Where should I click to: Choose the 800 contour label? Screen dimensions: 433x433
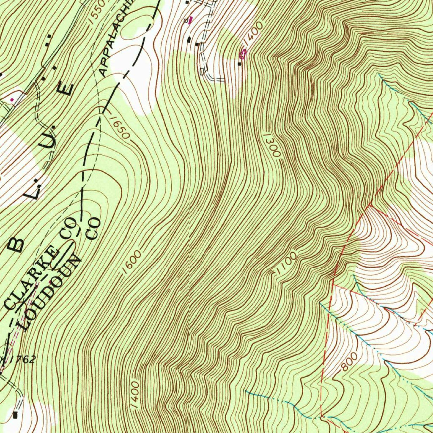click(x=349, y=362)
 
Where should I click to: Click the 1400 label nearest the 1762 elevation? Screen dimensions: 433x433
click(x=135, y=395)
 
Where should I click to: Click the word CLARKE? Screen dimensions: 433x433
click(x=31, y=277)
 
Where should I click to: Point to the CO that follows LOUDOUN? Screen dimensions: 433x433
click(x=93, y=229)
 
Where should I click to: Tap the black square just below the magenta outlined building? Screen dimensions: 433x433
click(x=240, y=64)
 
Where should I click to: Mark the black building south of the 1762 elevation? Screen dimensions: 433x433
click(x=16, y=414)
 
